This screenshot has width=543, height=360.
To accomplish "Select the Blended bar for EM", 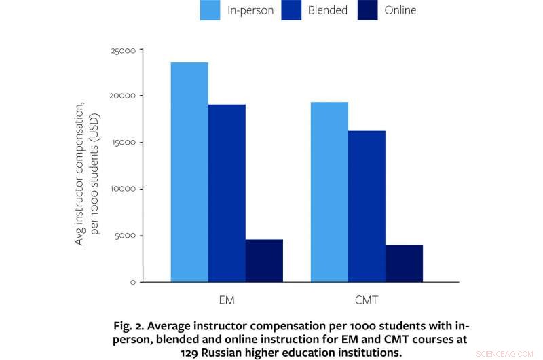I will (x=227, y=193).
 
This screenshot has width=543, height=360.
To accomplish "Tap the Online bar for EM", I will (x=264, y=260).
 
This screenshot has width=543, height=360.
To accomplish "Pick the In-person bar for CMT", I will (x=329, y=192).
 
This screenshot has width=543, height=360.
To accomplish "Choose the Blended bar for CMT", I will (x=367, y=206).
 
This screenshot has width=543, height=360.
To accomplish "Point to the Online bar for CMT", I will (x=404, y=263).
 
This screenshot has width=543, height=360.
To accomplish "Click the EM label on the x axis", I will (x=227, y=299).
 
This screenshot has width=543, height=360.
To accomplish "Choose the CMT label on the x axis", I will (x=367, y=299).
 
